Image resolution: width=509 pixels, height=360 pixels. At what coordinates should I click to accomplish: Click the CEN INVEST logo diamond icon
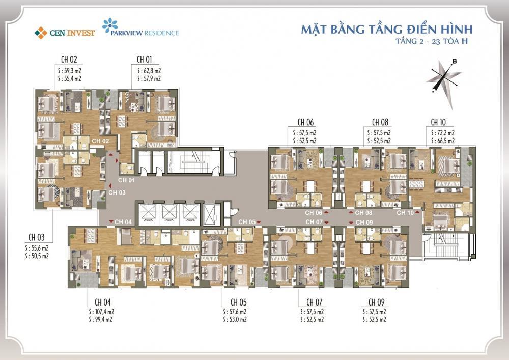pyautogui.click(x=41, y=33)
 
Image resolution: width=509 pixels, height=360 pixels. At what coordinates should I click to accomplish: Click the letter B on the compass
pyautogui.click(x=455, y=61)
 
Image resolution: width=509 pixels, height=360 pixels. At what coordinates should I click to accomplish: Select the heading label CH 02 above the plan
pyautogui.click(x=69, y=60)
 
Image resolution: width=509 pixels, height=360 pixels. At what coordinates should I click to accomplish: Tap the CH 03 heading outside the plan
pyautogui.click(x=36, y=237)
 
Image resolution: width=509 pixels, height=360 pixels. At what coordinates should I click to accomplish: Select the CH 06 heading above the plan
pyautogui.click(x=306, y=122)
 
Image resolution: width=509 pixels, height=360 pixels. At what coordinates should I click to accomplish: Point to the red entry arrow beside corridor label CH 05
pyautogui.click(x=259, y=222)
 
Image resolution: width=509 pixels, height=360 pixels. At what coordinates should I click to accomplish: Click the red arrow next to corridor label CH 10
pyautogui.click(x=417, y=212)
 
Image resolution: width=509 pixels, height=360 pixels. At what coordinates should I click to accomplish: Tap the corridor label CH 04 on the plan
pyautogui.click(x=123, y=222)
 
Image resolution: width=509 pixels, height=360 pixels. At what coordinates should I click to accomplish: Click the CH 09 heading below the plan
pyautogui.click(x=377, y=302)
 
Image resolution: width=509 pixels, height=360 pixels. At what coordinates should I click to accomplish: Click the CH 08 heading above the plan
pyautogui.click(x=380, y=122)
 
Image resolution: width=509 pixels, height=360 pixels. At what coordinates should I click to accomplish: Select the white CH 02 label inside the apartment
pyautogui.click(x=100, y=141)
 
